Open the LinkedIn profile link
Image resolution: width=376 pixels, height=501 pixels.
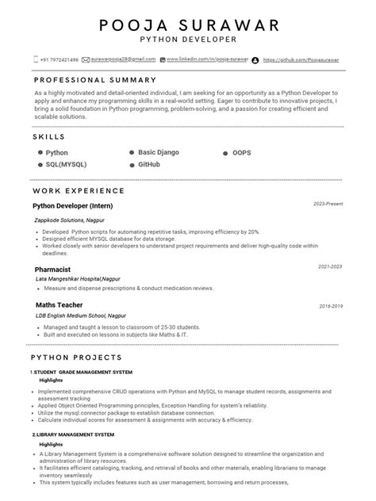click(x=203, y=59)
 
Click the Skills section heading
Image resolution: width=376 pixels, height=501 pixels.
click(x=49, y=137)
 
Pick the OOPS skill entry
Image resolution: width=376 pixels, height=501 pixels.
click(x=242, y=151)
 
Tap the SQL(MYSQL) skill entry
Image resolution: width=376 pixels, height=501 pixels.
click(x=66, y=164)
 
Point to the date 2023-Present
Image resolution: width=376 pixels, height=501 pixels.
click(x=328, y=204)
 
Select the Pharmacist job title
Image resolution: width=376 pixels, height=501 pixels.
click(x=54, y=270)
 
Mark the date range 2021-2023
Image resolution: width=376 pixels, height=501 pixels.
click(x=330, y=267)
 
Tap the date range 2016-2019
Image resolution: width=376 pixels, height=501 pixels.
click(x=330, y=306)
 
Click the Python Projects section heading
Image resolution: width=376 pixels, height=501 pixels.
click(x=75, y=358)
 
